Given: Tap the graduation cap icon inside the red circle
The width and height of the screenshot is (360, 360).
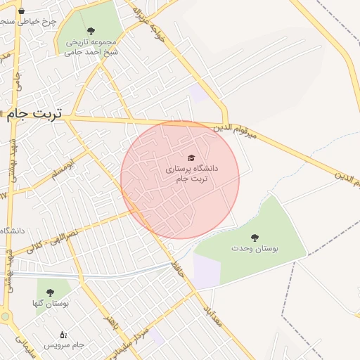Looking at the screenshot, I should [191, 157].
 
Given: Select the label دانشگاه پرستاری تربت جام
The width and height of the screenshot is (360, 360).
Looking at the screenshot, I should [191, 174].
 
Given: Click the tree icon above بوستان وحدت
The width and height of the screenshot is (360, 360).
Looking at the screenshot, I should [255, 238].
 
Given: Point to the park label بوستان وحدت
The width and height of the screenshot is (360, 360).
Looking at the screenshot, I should [255, 249].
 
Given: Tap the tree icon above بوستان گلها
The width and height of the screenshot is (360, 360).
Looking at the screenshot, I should [49, 292].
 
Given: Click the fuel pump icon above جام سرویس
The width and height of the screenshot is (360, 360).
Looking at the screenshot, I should [63, 335].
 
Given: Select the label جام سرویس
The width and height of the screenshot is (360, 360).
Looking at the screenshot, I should [64, 345].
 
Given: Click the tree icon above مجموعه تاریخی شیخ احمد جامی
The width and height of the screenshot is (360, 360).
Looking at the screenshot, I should [91, 30].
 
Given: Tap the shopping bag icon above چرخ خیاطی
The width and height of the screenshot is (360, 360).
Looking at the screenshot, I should [21, 11].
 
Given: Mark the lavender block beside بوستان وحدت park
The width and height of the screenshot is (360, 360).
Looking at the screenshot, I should [206, 271].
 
